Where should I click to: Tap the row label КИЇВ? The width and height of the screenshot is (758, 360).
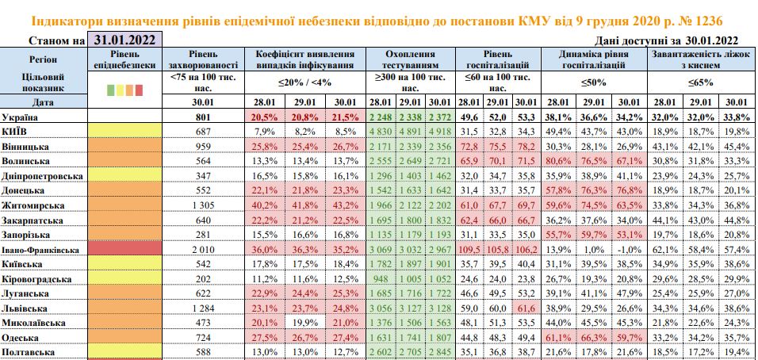coord(17,130)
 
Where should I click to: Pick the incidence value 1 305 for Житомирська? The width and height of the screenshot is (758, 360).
coord(205,205)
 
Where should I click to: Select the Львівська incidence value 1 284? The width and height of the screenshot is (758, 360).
coord(205,306)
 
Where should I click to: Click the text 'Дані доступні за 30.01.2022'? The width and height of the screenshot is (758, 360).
coord(665,40)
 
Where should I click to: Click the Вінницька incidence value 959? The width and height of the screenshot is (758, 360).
coord(205,146)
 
